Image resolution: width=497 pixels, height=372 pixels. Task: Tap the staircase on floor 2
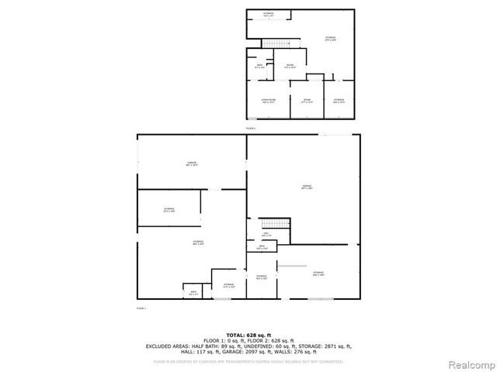click(x=273, y=42)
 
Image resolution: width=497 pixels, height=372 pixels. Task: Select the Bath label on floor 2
click(x=258, y=67)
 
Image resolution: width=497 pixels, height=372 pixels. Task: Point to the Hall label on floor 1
click(x=265, y=233)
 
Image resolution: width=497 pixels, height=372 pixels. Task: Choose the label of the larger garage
click(x=306, y=187)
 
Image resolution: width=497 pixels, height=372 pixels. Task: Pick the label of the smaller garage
click(x=191, y=164)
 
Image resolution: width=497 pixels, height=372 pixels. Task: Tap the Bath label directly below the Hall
click(x=262, y=249)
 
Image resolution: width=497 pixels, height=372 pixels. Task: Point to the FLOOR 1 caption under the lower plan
click(x=141, y=308)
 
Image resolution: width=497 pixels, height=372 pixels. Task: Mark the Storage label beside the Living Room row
click(x=339, y=100)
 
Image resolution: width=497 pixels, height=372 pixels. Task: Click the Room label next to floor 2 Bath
click(x=289, y=65)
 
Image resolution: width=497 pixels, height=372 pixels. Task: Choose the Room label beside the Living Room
click(x=306, y=100)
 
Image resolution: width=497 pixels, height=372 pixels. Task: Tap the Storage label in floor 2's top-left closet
click(x=268, y=15)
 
